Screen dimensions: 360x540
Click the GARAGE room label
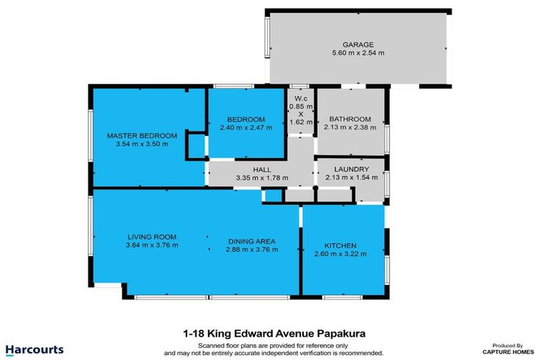[x=358, y=44]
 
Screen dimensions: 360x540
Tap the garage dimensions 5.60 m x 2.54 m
[x=358, y=53]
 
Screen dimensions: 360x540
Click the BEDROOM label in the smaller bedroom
[x=245, y=119]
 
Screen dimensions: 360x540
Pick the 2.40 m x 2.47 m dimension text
[x=245, y=127]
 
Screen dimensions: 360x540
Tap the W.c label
[x=301, y=98]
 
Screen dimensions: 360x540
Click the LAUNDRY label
[x=352, y=169]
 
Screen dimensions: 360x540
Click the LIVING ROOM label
[x=151, y=236]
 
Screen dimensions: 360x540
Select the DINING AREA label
[x=251, y=240]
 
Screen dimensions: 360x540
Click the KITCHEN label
[x=340, y=245]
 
